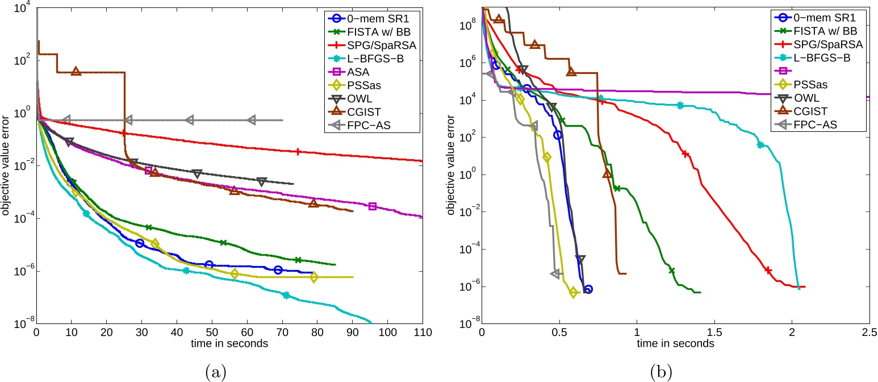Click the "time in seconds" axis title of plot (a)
tap(229, 344)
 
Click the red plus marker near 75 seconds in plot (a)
tap(298, 151)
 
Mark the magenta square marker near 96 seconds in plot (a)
tap(373, 206)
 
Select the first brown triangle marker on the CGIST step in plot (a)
tap(76, 71)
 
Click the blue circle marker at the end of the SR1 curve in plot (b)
tap(588, 289)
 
